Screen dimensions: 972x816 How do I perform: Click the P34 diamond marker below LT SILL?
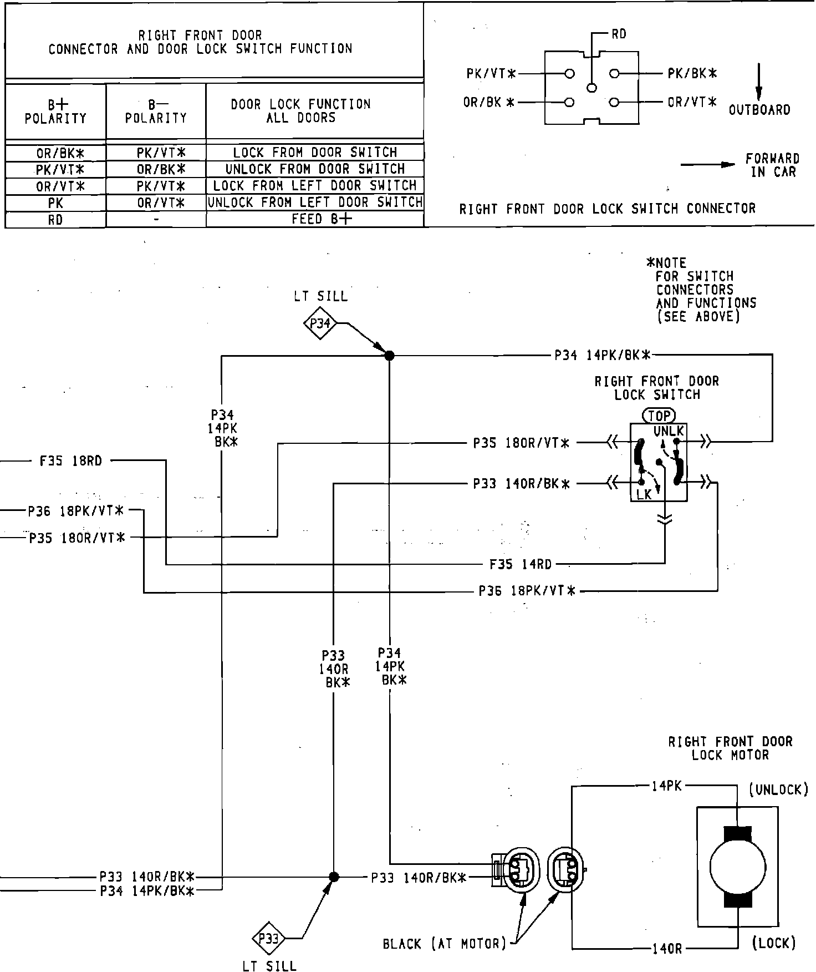click(x=320, y=323)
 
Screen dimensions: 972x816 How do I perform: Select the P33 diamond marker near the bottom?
click(x=268, y=939)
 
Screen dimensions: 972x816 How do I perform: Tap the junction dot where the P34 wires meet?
click(x=389, y=356)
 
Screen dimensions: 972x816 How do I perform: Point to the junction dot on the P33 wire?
click(x=334, y=877)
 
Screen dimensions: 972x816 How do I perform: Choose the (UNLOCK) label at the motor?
click(x=778, y=789)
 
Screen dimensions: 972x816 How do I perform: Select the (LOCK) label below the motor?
click(x=774, y=943)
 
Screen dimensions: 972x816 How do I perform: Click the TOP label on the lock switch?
click(x=659, y=416)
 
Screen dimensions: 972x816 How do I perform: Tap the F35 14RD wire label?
click(x=521, y=565)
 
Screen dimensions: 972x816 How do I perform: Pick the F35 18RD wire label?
click(x=71, y=461)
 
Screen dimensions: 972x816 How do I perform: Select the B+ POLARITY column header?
click(x=55, y=111)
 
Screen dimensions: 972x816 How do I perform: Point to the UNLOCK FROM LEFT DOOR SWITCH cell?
click(x=315, y=202)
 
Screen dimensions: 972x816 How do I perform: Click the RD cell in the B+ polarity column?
click(x=55, y=220)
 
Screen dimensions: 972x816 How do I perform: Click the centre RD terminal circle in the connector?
click(x=592, y=88)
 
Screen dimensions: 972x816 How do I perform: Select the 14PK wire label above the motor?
click(x=666, y=786)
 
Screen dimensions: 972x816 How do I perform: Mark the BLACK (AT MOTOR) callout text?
click(x=445, y=944)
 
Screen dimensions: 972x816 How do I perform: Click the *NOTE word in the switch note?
click(x=667, y=263)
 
